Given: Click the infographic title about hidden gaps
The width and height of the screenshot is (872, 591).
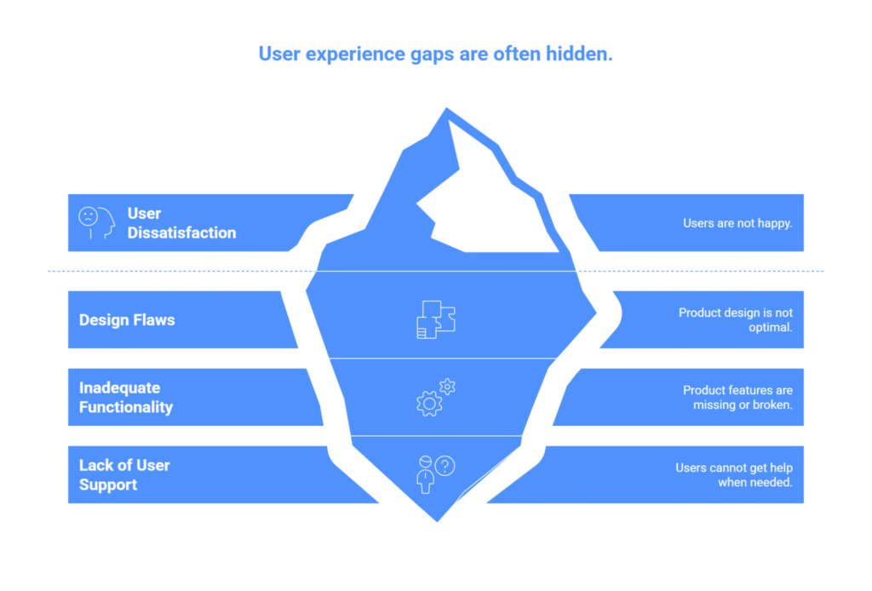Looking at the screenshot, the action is pyautogui.click(x=435, y=54).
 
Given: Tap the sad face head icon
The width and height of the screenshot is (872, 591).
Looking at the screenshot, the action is pyautogui.click(x=96, y=223).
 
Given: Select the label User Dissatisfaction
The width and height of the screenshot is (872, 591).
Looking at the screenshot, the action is pyautogui.click(x=182, y=223).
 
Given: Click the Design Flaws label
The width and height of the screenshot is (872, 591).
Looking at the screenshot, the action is pyautogui.click(x=127, y=319).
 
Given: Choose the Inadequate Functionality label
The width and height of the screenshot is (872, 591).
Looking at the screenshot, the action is pyautogui.click(x=126, y=397).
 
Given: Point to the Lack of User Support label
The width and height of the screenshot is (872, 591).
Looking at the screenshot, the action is pyautogui.click(x=124, y=475).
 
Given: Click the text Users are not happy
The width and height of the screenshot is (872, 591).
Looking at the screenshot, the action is pyautogui.click(x=737, y=223).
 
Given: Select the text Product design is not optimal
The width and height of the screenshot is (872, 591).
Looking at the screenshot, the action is pyautogui.click(x=735, y=319).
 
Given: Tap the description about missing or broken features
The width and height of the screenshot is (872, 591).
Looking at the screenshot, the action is pyautogui.click(x=737, y=397).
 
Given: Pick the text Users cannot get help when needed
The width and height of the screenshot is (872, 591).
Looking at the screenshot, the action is pyautogui.click(x=733, y=475).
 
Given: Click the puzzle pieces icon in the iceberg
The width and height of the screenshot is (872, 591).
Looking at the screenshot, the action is pyautogui.click(x=436, y=319).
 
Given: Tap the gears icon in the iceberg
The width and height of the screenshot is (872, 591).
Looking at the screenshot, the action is pyautogui.click(x=436, y=397).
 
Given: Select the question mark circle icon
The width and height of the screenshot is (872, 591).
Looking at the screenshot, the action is pyautogui.click(x=445, y=466).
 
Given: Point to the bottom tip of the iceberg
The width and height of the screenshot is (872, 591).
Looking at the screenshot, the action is pyautogui.click(x=437, y=521).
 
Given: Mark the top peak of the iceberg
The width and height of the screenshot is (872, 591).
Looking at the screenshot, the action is pyautogui.click(x=446, y=109).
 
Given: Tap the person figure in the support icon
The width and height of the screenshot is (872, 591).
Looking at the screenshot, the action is pyautogui.click(x=426, y=475).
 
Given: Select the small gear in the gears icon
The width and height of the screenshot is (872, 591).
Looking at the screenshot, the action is pyautogui.click(x=447, y=387).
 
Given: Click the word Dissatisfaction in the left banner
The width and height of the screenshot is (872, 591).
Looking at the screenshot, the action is pyautogui.click(x=182, y=232).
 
